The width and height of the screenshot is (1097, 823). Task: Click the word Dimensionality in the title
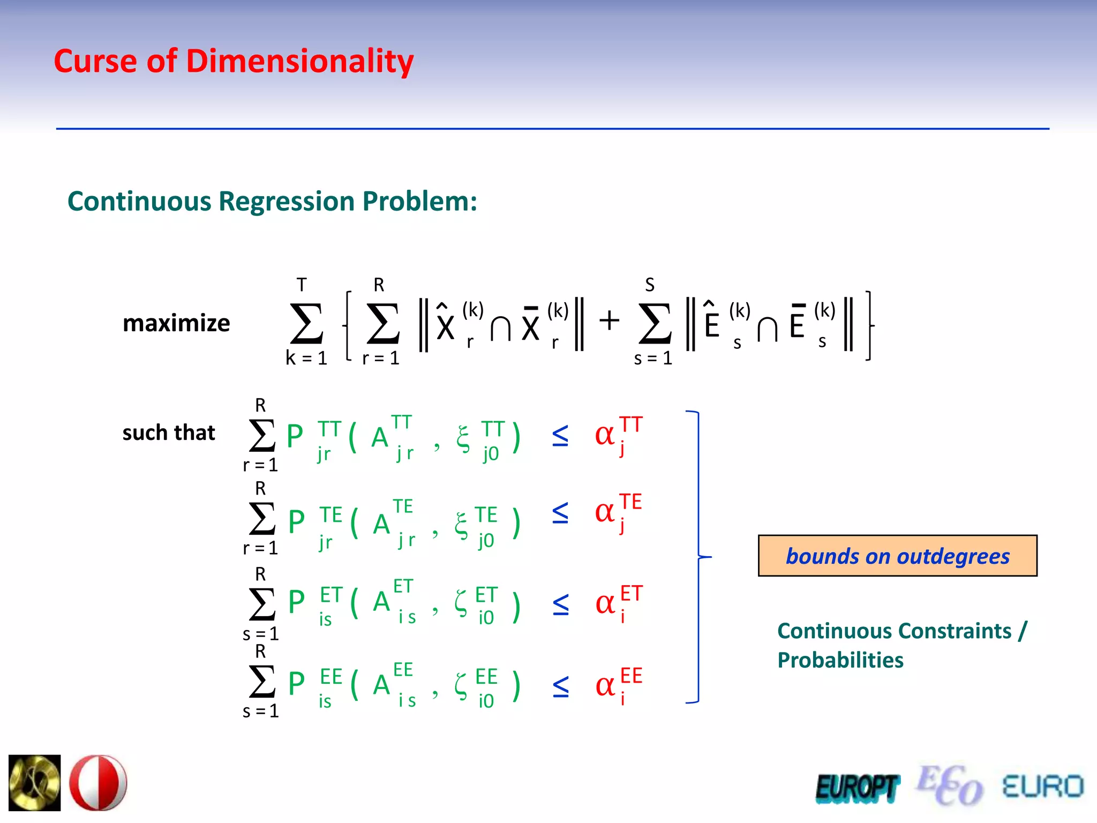coord(299,62)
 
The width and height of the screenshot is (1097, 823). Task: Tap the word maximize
coord(176,324)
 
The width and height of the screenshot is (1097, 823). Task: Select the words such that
coord(168,432)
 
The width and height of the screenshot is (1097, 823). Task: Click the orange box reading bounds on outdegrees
coord(897,556)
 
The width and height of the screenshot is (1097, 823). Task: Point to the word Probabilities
coord(840,660)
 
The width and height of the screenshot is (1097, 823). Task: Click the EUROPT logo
coord(857,788)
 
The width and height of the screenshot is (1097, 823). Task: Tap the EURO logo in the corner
coord(1042,787)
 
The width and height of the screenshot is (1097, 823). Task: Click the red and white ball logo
coord(99,783)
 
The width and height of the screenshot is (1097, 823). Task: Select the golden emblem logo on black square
coord(35,783)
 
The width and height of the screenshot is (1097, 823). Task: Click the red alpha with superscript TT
coord(605,435)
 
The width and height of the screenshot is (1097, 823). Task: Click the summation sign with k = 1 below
coord(306,324)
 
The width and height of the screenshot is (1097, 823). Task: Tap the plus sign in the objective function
coord(609,321)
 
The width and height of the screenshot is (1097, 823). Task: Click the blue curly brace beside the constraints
coord(698,557)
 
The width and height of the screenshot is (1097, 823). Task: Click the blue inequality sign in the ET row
coord(560,604)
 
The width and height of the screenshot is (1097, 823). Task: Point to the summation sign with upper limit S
coord(655,324)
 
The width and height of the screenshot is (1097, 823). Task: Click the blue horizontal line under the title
coord(552,129)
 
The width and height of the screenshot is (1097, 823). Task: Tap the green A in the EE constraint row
coord(381,685)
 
